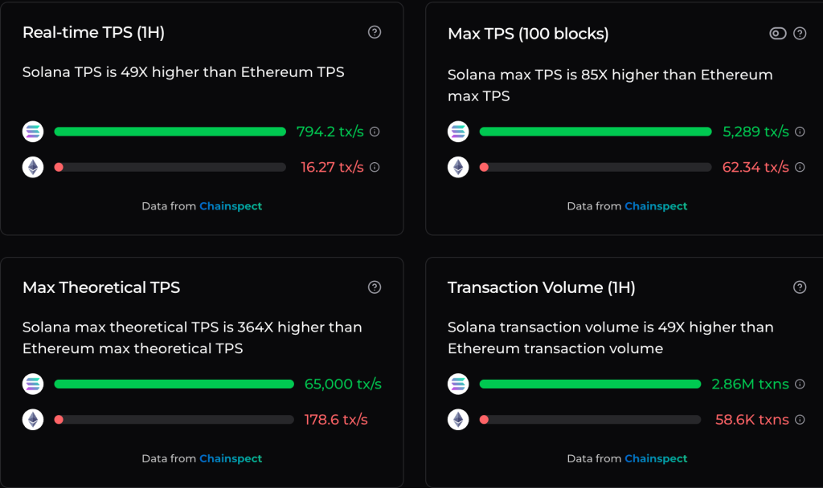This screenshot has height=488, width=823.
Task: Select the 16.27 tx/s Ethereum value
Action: coord(332,167)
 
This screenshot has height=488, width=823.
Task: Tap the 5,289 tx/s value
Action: coord(755,132)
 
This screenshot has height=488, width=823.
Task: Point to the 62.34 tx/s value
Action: coord(754,167)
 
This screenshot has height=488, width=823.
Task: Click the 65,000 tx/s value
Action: coord(342,384)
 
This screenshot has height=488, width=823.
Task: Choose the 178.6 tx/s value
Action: coord(335,419)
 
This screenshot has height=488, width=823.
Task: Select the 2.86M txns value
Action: coord(750,384)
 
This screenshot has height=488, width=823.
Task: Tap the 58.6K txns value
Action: coord(751,419)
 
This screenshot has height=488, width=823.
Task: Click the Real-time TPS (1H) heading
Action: coord(93,33)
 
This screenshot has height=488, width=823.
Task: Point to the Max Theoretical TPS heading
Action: coord(101,287)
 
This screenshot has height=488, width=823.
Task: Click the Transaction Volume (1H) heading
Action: coord(541,287)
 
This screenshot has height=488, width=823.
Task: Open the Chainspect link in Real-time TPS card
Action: coord(231,206)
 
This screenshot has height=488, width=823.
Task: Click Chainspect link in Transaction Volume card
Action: coord(656,458)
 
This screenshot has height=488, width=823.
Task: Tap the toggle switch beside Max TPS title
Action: coord(777,33)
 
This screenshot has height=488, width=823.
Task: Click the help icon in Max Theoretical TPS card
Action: coord(375,287)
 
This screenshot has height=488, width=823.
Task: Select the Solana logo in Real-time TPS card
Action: coord(33,132)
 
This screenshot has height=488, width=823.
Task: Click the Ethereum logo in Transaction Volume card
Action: coord(458,419)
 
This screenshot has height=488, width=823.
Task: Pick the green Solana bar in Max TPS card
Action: coord(595,132)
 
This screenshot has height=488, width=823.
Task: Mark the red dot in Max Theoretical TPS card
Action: coord(59,419)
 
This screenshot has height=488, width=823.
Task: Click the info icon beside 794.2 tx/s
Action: coord(375,132)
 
